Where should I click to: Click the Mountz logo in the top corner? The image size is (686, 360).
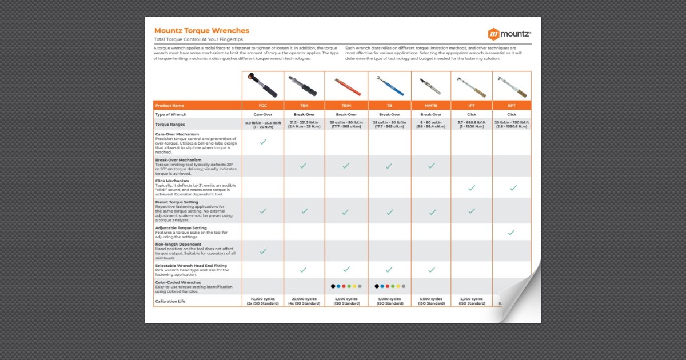pos(509,34)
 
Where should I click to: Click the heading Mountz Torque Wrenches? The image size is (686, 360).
pos(201,31)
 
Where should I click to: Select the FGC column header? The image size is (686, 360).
pos(262,106)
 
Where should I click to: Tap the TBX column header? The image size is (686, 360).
pos(304,106)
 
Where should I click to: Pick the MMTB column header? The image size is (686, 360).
pos(431,106)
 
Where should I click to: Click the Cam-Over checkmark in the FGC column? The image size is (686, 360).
pos(263,142)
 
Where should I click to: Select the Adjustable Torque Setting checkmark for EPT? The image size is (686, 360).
pos(512,233)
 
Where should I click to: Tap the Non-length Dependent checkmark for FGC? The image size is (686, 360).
pos(263,251)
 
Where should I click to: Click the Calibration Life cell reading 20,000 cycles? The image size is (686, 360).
pos(304,301)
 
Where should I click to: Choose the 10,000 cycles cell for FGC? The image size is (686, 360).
pos(263,301)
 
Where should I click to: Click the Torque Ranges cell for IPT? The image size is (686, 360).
pos(472,125)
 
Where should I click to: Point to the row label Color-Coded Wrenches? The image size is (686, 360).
pos(178,282)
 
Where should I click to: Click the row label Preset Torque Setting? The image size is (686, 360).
pos(177,202)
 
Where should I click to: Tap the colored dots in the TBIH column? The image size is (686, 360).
pos(346,286)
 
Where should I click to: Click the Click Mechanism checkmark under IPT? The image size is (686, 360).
pos(472,188)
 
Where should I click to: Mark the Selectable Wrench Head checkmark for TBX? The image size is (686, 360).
pos(304,270)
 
